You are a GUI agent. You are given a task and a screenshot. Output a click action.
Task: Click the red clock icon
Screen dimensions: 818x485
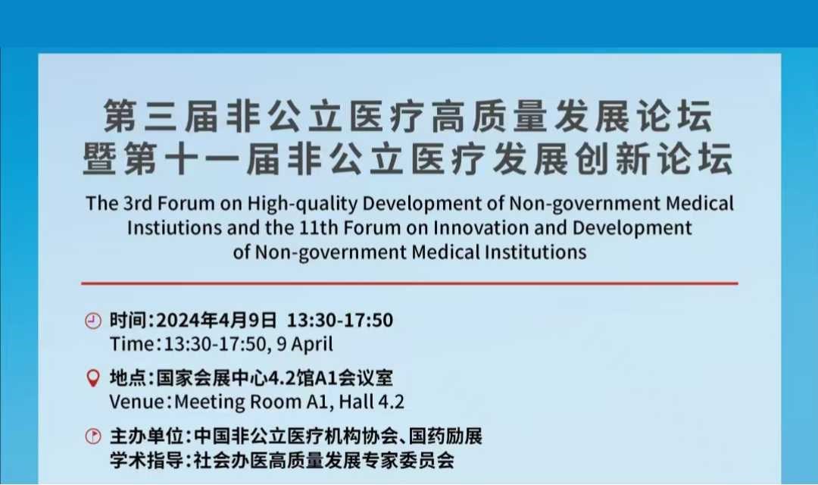[93, 321]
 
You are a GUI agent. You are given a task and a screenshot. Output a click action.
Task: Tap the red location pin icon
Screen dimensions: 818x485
[93, 378]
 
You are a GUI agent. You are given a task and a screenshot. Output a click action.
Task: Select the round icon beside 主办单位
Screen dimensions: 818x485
[93, 436]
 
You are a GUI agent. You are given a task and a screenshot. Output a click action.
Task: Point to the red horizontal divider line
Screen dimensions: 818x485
[410, 283]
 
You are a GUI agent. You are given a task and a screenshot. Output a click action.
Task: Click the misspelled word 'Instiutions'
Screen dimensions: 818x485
[175, 228]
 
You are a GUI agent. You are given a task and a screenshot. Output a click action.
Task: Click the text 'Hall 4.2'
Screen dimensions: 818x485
[371, 402]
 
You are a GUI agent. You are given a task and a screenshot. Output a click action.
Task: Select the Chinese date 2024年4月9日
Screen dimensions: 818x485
[216, 320]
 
